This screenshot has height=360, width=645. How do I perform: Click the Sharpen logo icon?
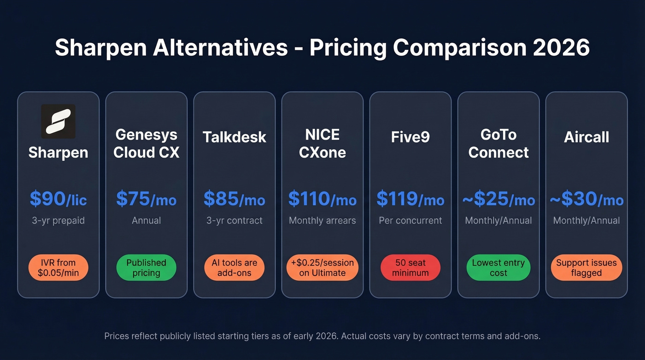click(x=58, y=121)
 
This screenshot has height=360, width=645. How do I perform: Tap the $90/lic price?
click(x=58, y=199)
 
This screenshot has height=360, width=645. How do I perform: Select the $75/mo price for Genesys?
click(x=146, y=199)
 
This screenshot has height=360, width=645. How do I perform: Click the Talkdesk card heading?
click(x=235, y=137)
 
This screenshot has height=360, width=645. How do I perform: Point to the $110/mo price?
click(x=322, y=199)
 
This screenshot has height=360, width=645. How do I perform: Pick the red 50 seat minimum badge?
click(x=410, y=268)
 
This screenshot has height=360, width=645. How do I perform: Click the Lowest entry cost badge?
click(x=498, y=268)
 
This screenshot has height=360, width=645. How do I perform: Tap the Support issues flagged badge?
click(x=586, y=268)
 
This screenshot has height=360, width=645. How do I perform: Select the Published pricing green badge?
click(x=146, y=268)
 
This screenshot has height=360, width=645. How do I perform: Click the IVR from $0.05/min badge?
click(x=58, y=268)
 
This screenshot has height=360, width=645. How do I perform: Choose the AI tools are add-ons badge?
click(x=235, y=268)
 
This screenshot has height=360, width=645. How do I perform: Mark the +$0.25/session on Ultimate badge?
click(x=322, y=268)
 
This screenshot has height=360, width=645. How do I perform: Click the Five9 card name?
click(x=410, y=137)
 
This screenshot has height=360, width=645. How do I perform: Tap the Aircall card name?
click(x=586, y=137)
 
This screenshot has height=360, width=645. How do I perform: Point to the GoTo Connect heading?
click(x=498, y=143)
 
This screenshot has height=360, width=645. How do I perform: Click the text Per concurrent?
click(x=410, y=221)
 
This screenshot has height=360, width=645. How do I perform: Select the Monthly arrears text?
click(x=322, y=221)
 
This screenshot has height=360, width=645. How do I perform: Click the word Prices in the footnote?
click(x=117, y=336)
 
